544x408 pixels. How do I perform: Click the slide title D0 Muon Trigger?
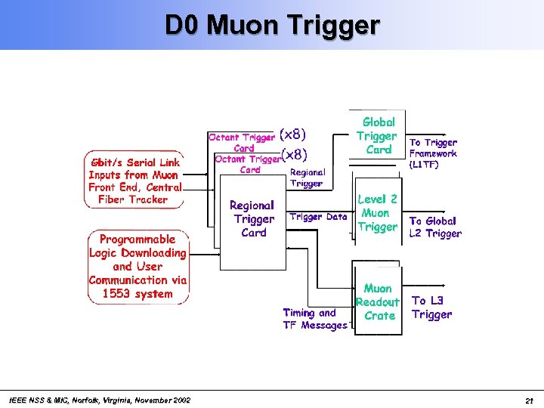272,25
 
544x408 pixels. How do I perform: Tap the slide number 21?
529,400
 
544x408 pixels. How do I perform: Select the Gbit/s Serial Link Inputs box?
134,181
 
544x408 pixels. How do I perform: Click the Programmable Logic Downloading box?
138,267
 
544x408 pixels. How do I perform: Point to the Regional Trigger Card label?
253,219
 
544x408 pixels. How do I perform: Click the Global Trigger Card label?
378,135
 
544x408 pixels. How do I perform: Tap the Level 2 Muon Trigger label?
377,213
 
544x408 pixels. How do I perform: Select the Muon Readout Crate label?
378,302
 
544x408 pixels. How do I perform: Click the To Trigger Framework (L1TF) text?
433,153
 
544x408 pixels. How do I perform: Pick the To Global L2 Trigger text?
434,227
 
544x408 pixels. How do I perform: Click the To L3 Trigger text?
431,308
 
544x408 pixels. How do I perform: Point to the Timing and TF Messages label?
315,319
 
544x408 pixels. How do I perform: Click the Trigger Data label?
318,217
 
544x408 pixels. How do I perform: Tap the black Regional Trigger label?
306,178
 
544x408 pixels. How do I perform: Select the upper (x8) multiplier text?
293,134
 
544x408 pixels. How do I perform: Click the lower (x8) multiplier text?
293,155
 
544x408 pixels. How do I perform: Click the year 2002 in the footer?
180,400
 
